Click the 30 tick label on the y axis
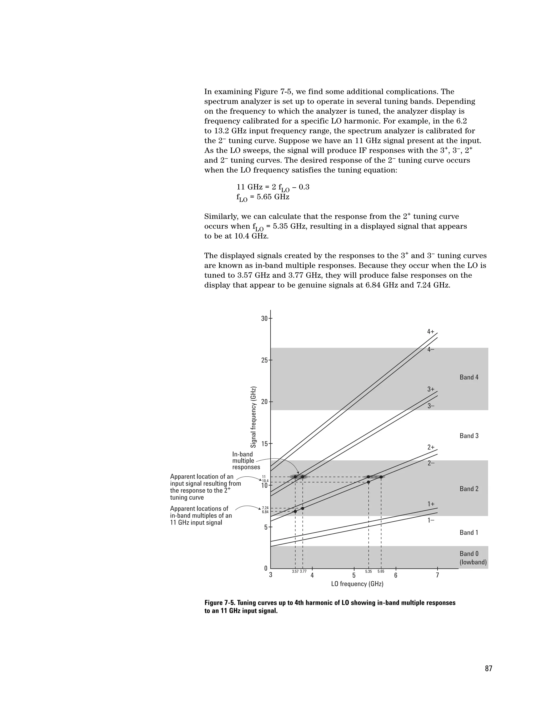[264, 318]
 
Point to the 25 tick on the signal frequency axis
[264, 360]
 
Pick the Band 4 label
[469, 377]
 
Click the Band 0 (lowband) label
[473, 558]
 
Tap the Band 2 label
[469, 489]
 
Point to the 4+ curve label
[431, 332]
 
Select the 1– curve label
[431, 521]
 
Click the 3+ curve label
[431, 389]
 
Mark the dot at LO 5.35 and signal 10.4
[368, 482]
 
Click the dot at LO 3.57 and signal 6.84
[295, 512]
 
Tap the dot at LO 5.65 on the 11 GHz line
[381, 477]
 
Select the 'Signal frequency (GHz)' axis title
[254, 417]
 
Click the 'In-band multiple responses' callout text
[246, 461]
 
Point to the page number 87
[488, 669]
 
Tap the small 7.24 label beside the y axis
[265, 508]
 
